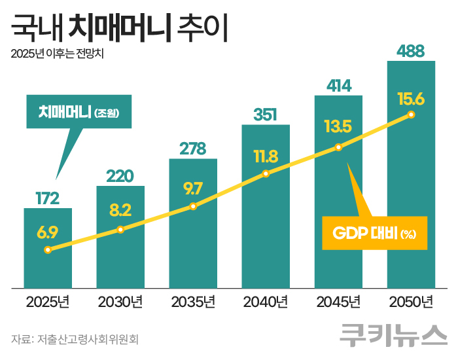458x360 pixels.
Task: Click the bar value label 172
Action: pyautogui.click(x=47, y=198)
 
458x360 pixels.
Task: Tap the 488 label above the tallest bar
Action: pyautogui.click(x=411, y=51)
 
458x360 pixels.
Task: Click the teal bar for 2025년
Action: pyautogui.click(x=48, y=268)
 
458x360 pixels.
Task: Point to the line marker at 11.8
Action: pyautogui.click(x=266, y=173)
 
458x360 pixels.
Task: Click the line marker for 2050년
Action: pyautogui.click(x=411, y=115)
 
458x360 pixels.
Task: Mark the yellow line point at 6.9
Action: pyautogui.click(x=48, y=249)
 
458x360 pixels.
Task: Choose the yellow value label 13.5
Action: pyautogui.click(x=338, y=126)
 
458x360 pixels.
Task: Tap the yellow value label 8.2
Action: pyautogui.click(x=120, y=210)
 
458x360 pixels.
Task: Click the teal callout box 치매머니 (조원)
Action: pyautogui.click(x=77, y=112)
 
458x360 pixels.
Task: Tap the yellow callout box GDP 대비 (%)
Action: pyautogui.click(x=374, y=233)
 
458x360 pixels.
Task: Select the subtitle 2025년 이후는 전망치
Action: pyautogui.click(x=58, y=54)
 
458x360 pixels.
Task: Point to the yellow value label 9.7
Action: pyautogui.click(x=193, y=189)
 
